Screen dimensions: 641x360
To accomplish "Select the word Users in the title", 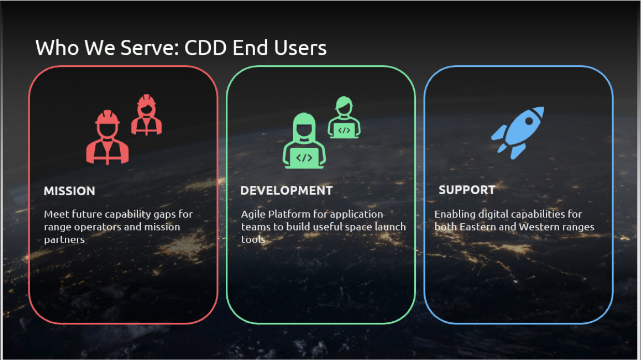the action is [x=301, y=48].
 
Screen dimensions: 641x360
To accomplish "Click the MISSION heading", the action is [x=69, y=191].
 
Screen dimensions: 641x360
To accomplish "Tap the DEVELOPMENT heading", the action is [x=286, y=191].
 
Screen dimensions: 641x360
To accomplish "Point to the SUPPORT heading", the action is [x=467, y=190].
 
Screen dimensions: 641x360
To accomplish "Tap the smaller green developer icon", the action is [x=344, y=118].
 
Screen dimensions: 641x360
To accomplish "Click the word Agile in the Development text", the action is [x=253, y=214].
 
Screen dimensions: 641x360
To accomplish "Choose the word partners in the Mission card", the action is [x=64, y=240].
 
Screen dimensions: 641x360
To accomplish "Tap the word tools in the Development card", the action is [x=253, y=240].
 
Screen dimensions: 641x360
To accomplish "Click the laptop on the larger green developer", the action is [x=304, y=157].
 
